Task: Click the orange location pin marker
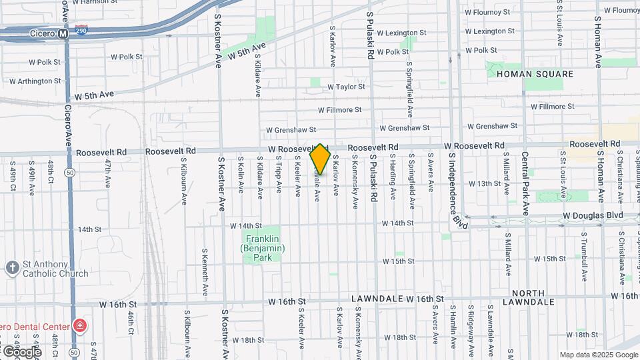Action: click(320, 159)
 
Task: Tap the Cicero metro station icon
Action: click(63, 33)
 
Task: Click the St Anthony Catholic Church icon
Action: click(12, 268)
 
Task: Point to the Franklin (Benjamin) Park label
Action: click(263, 244)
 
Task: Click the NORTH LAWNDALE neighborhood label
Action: click(533, 297)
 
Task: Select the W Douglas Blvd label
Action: click(593, 215)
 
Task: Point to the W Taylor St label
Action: click(346, 87)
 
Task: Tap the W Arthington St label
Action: click(35, 81)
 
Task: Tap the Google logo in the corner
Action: click(21, 351)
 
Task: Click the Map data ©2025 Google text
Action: click(597, 355)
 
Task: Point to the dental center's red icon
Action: click(80, 326)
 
